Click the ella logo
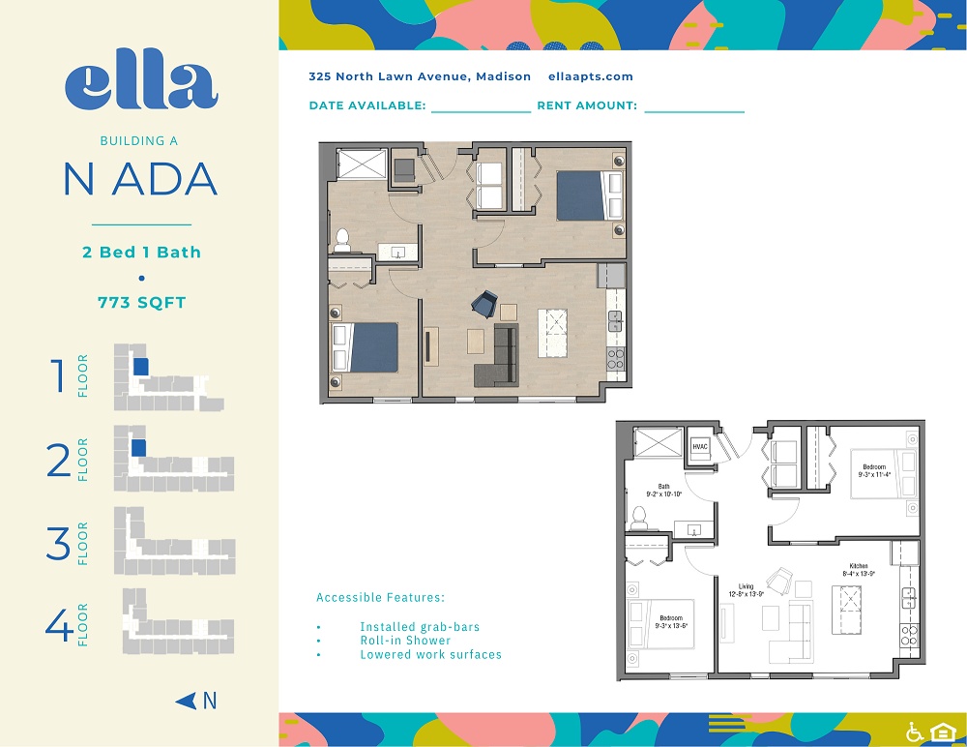coord(141,84)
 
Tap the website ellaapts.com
coord(590,76)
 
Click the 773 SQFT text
coord(141,302)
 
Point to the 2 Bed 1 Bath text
coord(141,253)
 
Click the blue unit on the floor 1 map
coord(140,367)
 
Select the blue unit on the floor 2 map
coord(138,448)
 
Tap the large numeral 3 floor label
coord(59,544)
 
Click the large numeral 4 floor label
coord(59,625)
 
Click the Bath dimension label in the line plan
coord(663,490)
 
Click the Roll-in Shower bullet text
coord(405,641)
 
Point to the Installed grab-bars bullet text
coord(420,627)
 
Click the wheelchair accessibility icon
coord(914,731)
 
